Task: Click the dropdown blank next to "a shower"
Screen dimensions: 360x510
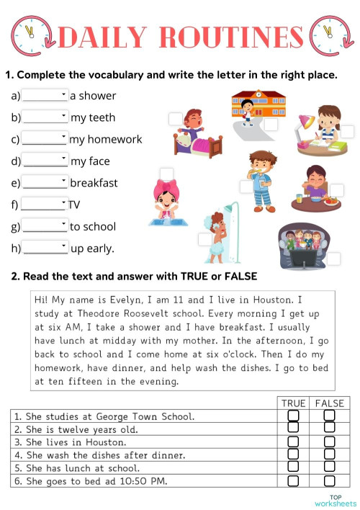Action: tap(45, 95)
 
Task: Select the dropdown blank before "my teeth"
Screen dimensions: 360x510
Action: tap(45, 117)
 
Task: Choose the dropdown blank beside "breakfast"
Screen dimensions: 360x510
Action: tap(45, 182)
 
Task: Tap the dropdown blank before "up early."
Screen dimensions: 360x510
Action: tap(45, 248)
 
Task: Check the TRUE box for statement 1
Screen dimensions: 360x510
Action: tap(293, 416)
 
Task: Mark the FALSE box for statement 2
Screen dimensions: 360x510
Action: tap(329, 429)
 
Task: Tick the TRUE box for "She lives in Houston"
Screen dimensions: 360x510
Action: tap(293, 442)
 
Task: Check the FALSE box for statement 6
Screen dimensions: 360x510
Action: tap(329, 480)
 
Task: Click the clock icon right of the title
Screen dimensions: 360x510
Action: tap(328, 34)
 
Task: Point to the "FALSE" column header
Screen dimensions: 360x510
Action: tap(329, 403)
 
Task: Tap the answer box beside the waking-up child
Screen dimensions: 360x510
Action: tap(175, 119)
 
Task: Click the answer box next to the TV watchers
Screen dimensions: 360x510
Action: tap(334, 258)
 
